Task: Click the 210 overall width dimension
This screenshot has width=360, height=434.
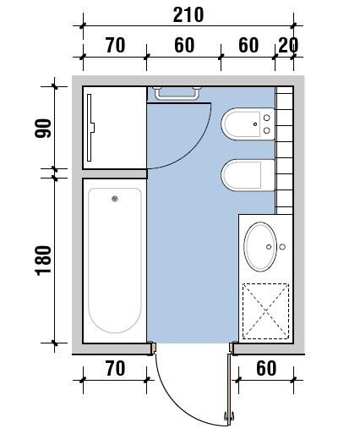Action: [188, 15]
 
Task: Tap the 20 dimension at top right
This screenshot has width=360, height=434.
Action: [288, 45]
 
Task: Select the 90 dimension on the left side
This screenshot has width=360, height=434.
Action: [43, 129]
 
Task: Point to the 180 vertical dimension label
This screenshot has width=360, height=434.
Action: [43, 261]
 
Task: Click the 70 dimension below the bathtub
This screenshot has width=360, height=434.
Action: [115, 368]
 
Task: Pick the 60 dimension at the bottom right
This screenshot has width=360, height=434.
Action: [266, 368]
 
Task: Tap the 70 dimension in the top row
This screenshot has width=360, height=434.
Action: [115, 45]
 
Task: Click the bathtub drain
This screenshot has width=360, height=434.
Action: [115, 199]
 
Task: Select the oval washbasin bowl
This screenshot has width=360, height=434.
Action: [260, 247]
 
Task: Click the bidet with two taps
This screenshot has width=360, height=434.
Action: [248, 124]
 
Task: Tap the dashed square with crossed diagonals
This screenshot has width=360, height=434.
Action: [266, 311]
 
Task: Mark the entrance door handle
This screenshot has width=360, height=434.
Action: [229, 415]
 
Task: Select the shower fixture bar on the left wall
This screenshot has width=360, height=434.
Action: [90, 128]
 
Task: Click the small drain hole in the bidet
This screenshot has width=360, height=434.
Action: [255, 124]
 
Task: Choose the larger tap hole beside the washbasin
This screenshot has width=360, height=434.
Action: [282, 247]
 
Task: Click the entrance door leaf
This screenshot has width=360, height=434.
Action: [229, 390]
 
